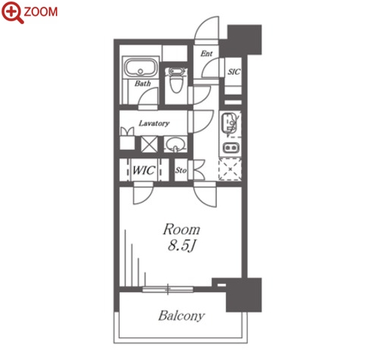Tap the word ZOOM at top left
click(x=41, y=12)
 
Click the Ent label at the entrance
click(x=206, y=53)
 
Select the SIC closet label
click(x=234, y=72)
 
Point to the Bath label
click(x=142, y=83)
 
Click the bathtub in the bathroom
click(x=141, y=67)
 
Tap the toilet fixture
click(x=176, y=80)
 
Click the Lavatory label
click(x=154, y=124)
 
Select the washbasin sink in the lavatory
click(x=175, y=145)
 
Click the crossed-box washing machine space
click(x=149, y=144)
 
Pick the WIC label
click(x=144, y=170)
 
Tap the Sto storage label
click(x=181, y=170)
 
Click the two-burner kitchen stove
click(x=230, y=147)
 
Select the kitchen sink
click(x=229, y=124)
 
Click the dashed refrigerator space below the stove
click(x=230, y=169)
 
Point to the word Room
click(x=181, y=230)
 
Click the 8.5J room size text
click(x=181, y=246)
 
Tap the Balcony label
click(x=181, y=316)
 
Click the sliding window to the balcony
click(x=168, y=289)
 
